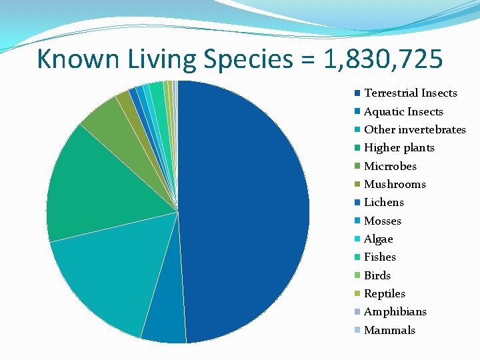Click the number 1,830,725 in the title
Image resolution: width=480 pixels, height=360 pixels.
383,60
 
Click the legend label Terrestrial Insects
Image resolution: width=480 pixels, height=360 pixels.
411,93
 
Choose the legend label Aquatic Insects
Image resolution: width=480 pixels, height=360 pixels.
403,111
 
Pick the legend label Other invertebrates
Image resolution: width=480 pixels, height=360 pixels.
415,129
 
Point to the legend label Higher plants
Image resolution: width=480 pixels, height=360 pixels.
399,148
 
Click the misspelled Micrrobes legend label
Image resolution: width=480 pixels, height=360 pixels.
390,166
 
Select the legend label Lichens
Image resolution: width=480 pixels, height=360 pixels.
384,203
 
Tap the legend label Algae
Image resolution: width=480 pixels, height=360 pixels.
379,239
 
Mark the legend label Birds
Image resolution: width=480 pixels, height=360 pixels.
377,275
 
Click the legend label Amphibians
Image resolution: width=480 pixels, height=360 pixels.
395,312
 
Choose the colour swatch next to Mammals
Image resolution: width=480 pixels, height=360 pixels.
358,330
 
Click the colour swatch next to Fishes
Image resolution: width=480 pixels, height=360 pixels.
358,257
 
